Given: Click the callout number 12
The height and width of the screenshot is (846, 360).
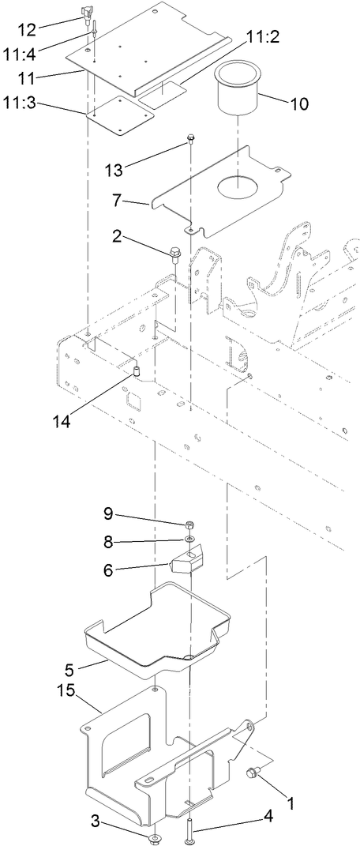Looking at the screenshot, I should [x=27, y=29].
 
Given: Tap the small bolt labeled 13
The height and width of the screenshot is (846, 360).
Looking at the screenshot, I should [x=191, y=141].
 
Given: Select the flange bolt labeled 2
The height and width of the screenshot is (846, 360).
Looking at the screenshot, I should [x=174, y=254].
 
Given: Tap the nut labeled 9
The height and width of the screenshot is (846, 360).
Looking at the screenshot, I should [x=190, y=525].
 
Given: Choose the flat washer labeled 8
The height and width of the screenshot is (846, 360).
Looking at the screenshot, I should [x=190, y=540].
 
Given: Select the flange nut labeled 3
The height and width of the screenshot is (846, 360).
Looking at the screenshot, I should [x=150, y=814].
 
